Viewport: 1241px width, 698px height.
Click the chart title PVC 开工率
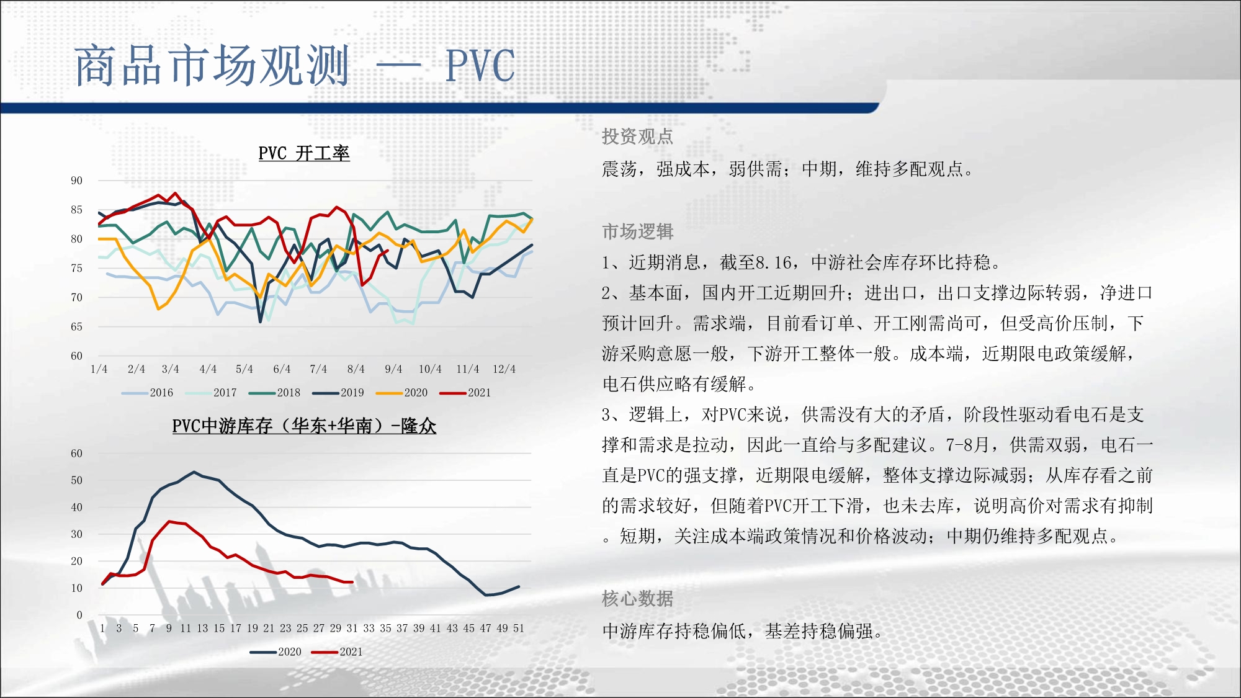[x=304, y=153]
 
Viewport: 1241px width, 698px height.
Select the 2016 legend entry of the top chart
[x=148, y=393]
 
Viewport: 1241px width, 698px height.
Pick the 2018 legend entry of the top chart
[x=274, y=393]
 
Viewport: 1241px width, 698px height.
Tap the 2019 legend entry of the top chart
[x=338, y=393]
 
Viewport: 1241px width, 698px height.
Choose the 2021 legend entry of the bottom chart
[x=337, y=652]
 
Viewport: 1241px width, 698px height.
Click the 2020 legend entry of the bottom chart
[x=276, y=652]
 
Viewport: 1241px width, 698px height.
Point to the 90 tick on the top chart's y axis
[x=76, y=181]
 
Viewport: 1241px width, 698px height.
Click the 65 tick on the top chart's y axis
[x=76, y=327]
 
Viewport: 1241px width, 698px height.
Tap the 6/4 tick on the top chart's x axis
[x=282, y=369]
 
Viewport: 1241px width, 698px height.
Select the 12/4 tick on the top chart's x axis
[x=504, y=369]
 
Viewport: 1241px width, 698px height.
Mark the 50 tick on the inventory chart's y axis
[x=76, y=480]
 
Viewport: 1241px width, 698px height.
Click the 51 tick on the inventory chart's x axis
[x=519, y=629]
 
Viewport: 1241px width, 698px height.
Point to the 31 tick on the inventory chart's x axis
[x=352, y=629]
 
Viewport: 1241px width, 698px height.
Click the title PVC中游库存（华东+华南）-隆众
[x=304, y=426]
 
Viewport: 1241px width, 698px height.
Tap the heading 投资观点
[x=637, y=136]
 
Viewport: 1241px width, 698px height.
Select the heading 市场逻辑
[x=637, y=231]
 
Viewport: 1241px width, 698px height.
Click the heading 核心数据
[x=637, y=599]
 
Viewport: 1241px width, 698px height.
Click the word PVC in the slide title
[x=480, y=65]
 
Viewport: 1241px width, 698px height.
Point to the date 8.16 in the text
[x=773, y=263]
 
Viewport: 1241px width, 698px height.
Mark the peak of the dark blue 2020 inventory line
[x=194, y=472]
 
